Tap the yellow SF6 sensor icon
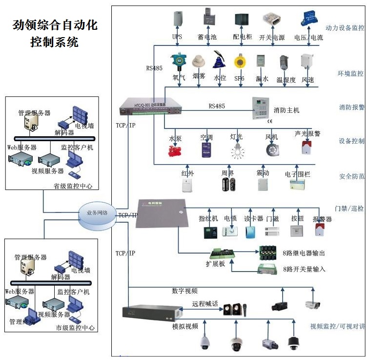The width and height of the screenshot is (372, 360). [239, 63]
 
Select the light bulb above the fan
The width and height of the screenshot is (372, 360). [238, 149]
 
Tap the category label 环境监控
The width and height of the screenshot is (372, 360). [351, 73]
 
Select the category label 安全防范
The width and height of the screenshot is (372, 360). [351, 176]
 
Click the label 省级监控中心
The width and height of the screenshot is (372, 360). [73, 186]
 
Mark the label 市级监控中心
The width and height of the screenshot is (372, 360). [75, 328]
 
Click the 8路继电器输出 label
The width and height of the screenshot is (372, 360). [304, 253]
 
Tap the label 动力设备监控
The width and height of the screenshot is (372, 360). [344, 28]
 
